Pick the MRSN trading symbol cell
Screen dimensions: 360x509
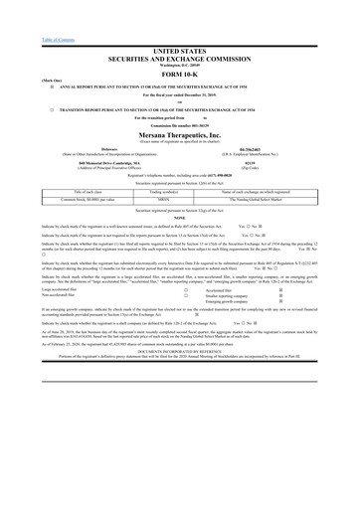pos(180,200)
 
